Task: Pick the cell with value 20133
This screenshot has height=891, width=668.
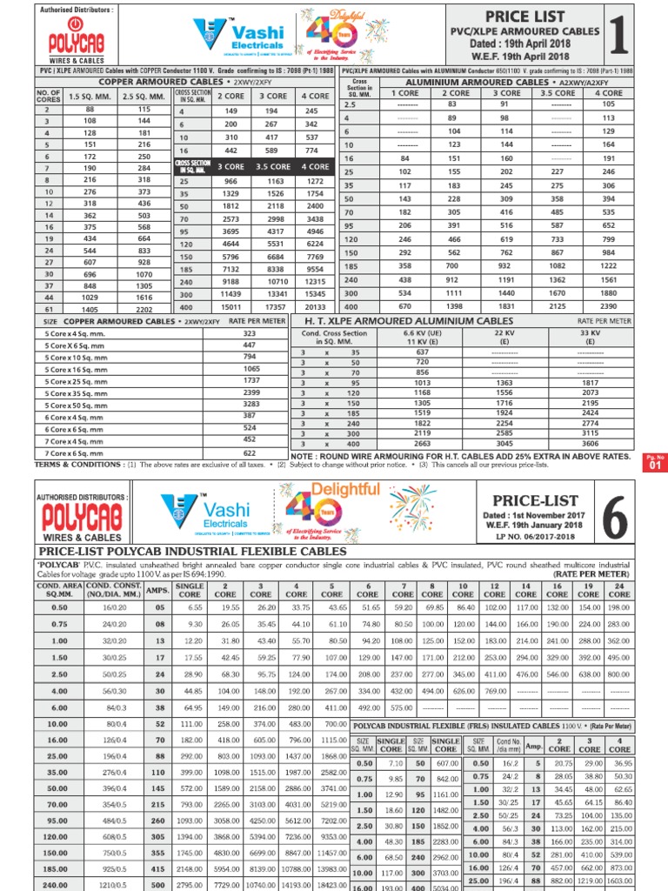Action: tap(315, 306)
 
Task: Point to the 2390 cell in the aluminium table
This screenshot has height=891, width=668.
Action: tap(608, 306)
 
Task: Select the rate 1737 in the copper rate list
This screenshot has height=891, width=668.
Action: tap(250, 381)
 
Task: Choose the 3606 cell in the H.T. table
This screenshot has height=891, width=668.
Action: tap(590, 443)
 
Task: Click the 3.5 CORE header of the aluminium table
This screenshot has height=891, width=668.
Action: tap(558, 93)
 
